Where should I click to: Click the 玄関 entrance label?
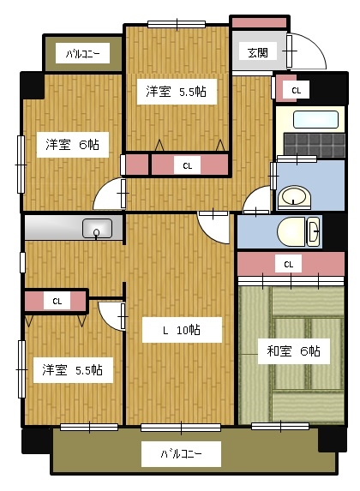257,53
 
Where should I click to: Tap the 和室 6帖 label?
293,351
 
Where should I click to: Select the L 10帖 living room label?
182,330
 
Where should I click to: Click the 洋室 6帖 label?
72,145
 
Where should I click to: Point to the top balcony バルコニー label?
83,54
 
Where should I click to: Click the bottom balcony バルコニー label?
181,453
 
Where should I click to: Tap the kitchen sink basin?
97,228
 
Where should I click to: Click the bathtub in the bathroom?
315,119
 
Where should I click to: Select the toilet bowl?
291,232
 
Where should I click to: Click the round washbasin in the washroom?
294,197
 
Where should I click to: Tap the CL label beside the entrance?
296,91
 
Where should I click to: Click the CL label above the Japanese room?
289,265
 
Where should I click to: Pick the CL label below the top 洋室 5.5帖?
188,165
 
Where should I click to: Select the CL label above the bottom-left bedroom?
57,302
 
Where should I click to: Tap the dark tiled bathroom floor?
315,145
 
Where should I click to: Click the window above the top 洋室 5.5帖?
177,25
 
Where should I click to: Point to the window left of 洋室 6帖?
21,164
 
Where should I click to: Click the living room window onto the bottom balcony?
181,427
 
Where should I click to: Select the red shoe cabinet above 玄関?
259,23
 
